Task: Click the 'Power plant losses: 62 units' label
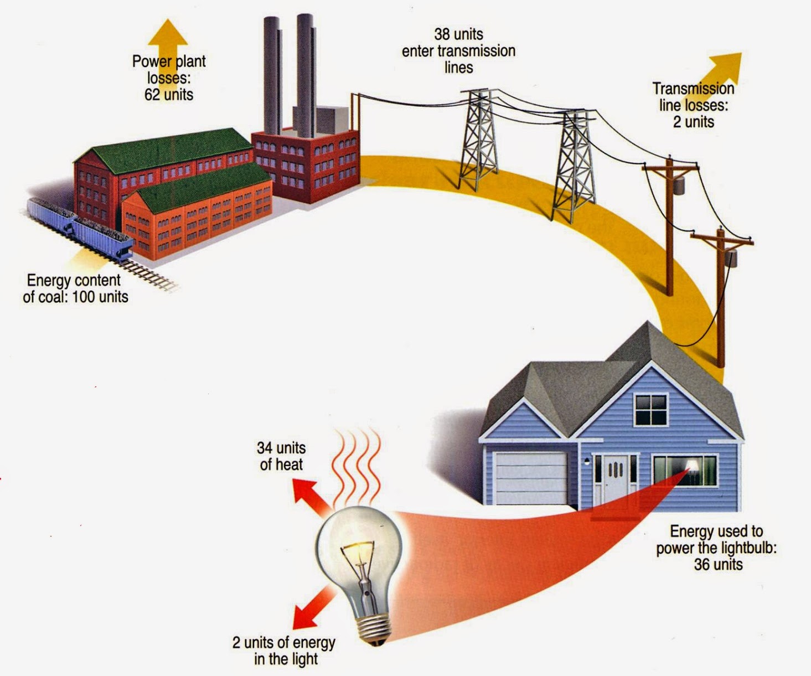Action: click(x=169, y=78)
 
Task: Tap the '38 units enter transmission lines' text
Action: click(x=458, y=51)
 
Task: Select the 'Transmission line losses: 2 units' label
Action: click(x=693, y=105)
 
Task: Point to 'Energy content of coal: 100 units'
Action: click(x=75, y=288)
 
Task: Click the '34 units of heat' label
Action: click(x=281, y=456)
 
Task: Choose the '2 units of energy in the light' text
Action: click(x=284, y=651)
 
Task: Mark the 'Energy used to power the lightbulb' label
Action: click(x=717, y=548)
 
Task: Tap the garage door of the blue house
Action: click(x=530, y=478)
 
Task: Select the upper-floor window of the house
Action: click(x=651, y=410)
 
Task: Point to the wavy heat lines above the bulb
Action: click(x=357, y=460)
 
